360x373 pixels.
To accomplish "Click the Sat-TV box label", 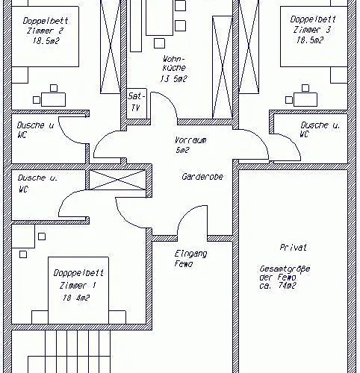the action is point(136,102).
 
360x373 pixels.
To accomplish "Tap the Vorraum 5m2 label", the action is point(190,145).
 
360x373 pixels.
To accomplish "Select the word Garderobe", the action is point(202,177).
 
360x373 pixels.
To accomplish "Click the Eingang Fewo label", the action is point(190,259).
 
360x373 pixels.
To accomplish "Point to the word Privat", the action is point(294,247).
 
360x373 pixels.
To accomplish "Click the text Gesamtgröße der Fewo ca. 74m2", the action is point(285,277).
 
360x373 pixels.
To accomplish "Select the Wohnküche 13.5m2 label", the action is point(174,69).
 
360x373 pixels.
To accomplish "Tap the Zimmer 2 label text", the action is point(45,31).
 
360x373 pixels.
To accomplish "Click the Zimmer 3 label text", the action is point(312,30).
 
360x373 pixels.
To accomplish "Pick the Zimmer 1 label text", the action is point(78,285).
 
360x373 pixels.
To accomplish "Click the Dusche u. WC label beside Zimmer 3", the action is point(320,129).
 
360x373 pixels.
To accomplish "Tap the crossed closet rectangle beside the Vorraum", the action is point(117,180).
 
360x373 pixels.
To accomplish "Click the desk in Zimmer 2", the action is point(53,99).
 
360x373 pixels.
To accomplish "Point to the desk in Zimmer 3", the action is point(305,99).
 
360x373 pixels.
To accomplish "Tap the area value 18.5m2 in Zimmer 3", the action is point(310,40).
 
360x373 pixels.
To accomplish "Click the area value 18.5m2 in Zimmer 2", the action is point(46,40).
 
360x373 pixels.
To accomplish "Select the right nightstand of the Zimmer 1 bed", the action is point(117,317).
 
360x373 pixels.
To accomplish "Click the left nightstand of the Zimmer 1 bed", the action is point(40,317).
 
